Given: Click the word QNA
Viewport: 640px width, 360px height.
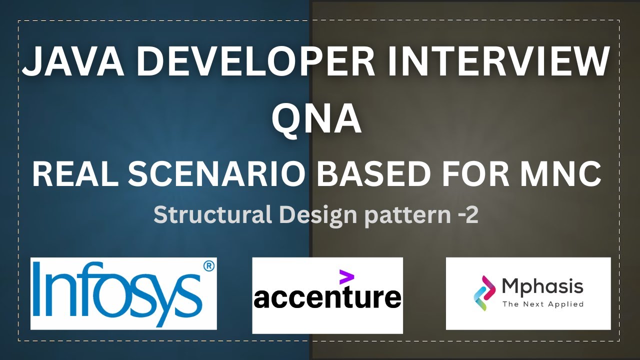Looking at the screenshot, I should tap(316, 119).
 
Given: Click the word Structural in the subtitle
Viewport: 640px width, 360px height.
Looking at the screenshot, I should tap(212, 215).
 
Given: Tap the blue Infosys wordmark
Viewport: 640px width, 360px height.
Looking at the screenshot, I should tap(117, 293).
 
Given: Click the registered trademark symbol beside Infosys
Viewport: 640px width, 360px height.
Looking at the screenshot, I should tap(209, 266).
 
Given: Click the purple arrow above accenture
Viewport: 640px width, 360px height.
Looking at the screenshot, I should tap(346, 277).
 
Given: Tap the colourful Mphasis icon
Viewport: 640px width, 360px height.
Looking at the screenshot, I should tap(484, 293).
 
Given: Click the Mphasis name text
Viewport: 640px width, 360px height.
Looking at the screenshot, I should tap(542, 287).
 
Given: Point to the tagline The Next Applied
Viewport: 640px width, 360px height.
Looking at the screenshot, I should tap(543, 304).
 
